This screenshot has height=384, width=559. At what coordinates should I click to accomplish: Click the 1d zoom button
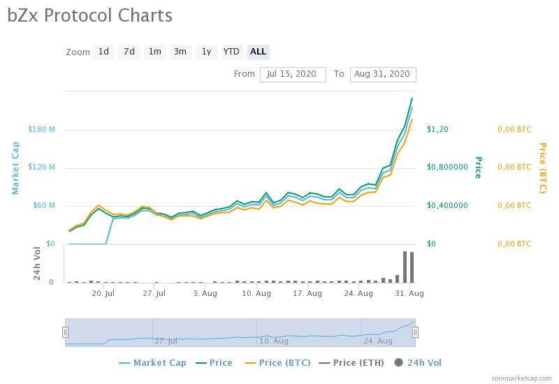103,52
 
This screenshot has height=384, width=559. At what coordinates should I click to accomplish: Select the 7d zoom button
129,52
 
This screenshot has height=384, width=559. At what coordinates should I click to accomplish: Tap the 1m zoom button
154,52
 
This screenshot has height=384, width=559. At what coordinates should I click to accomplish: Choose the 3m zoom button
180,52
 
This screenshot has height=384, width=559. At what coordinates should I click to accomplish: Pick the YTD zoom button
231,52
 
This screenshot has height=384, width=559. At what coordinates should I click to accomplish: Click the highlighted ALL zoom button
258,52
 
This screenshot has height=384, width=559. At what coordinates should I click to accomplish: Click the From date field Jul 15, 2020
292,74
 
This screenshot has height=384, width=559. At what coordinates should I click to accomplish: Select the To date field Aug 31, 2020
382,74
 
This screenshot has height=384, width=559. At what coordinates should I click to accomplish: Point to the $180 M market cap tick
41,129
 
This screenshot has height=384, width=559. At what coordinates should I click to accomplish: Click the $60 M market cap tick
43,205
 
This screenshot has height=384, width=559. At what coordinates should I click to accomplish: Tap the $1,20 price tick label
437,129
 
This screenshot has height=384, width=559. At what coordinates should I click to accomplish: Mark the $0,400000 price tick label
448,205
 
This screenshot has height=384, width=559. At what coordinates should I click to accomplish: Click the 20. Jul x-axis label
103,293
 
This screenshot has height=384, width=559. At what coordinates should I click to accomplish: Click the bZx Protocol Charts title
89,15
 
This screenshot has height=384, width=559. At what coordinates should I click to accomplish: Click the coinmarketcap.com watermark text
521,378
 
